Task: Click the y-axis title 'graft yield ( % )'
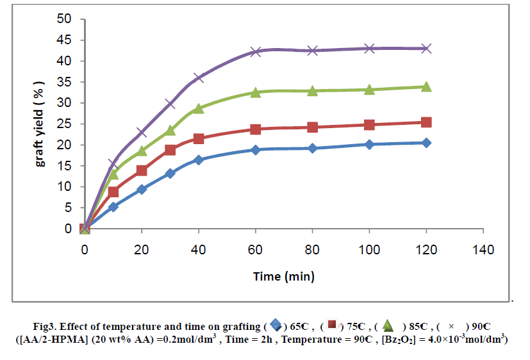(x=40, y=124)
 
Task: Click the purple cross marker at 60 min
(x=256, y=51)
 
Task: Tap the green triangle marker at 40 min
(x=199, y=108)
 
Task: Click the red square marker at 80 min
(x=313, y=127)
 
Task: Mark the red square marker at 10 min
(x=113, y=192)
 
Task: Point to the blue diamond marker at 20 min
(x=142, y=189)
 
